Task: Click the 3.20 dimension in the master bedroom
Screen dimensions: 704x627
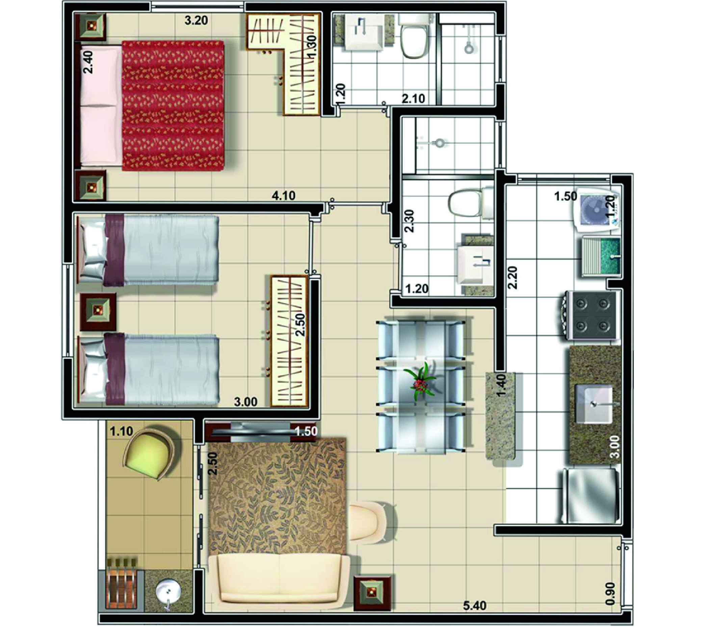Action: click(x=196, y=20)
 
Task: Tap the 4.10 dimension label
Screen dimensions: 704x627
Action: click(x=283, y=196)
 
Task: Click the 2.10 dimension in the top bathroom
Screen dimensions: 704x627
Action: click(x=413, y=99)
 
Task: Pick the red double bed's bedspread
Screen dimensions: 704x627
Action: click(x=173, y=105)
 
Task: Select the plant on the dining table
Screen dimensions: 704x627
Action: click(x=420, y=381)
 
